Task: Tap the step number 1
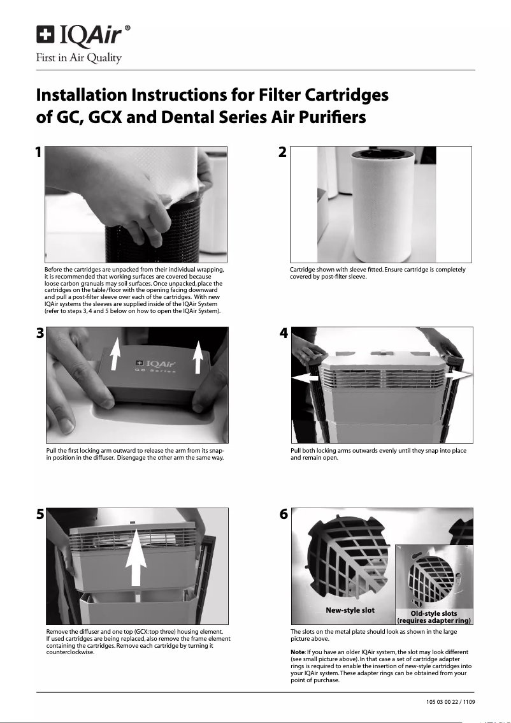pos(38,153)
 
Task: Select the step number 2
pos(283,153)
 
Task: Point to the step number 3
pos(40,333)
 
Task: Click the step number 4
pos(284,333)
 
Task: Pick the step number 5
pos(40,515)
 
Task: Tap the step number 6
pos(284,515)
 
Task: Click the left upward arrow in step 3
pos(115,354)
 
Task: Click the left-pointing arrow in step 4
pos(306,378)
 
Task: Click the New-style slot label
pos(350,610)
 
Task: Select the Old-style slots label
pos(434,613)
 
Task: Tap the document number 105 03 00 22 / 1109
pos(450,702)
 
